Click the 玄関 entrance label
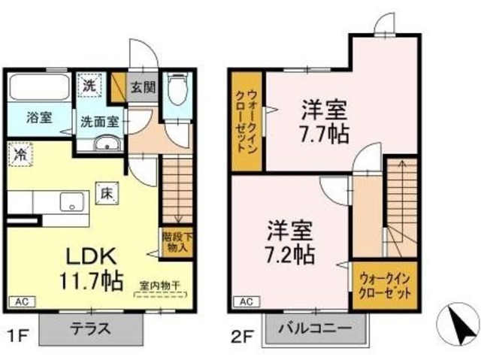[x=144, y=86]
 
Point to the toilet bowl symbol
[x=177, y=92]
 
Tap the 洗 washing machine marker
[x=89, y=86]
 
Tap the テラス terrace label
[x=91, y=329]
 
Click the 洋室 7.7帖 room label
[x=324, y=122]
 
